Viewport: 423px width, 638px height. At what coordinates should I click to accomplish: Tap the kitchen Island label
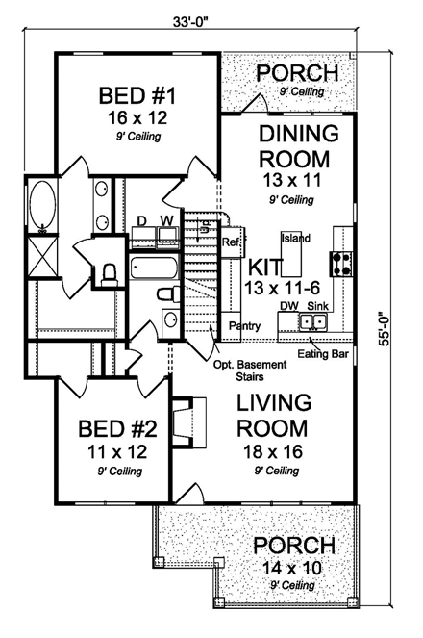click(x=295, y=237)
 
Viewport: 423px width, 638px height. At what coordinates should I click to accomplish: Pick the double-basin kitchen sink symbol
click(x=314, y=321)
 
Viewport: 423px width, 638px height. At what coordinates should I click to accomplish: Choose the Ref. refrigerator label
click(x=231, y=242)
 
